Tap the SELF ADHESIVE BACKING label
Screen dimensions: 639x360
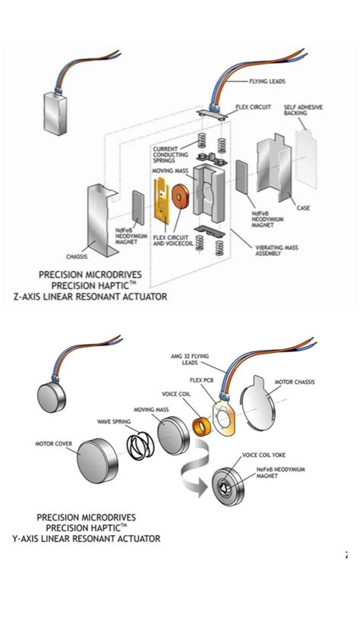pyautogui.click(x=302, y=111)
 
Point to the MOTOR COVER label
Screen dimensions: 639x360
pyautogui.click(x=54, y=443)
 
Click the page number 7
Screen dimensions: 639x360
pyautogui.click(x=346, y=556)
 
